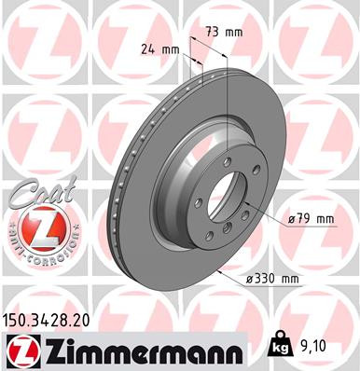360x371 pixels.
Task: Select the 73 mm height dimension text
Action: point(225,33)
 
